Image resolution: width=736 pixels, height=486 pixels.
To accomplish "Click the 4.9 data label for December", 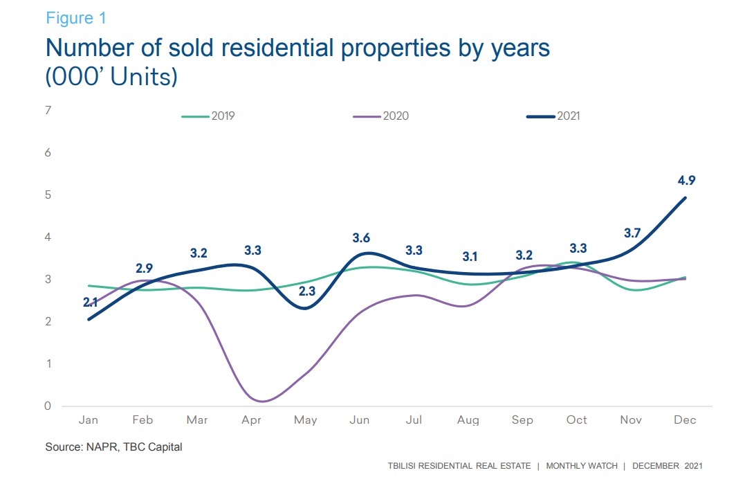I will [686, 181].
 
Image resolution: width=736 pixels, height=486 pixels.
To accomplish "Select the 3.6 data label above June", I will [361, 238].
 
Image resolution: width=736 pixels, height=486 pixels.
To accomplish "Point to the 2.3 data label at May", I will [306, 291].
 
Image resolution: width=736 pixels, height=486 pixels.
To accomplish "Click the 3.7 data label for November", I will [632, 233].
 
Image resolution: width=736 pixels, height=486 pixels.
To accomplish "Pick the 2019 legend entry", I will [208, 116].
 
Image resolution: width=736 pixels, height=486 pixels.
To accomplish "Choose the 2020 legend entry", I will [381, 116].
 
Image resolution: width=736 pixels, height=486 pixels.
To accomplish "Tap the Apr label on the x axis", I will [252, 420].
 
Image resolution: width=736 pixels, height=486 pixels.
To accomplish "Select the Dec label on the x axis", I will [685, 420].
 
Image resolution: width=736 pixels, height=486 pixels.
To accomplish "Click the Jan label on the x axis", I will [88, 420].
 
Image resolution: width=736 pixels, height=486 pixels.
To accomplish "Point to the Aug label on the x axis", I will [468, 420].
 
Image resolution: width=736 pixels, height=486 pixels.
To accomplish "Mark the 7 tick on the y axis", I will [48, 110].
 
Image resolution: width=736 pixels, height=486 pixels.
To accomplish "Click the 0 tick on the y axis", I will [48, 406].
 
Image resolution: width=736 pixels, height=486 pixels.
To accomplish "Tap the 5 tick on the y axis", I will [48, 195].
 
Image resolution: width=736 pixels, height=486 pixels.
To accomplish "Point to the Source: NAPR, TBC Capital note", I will [114, 447].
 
